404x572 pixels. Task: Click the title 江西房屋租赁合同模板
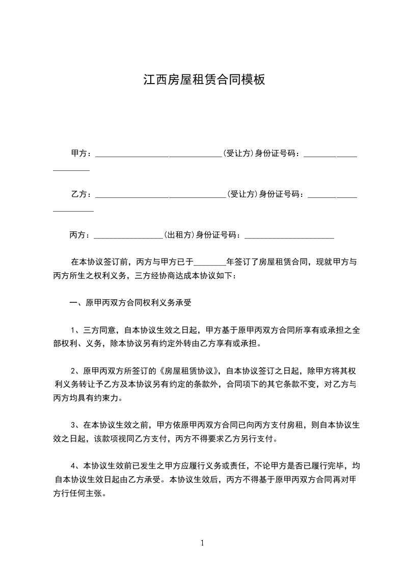click(204, 80)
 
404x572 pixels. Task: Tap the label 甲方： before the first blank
click(81, 153)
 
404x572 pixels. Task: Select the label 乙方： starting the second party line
click(81, 194)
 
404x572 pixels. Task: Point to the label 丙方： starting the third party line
click(80, 235)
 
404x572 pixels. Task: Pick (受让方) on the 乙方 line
click(243, 194)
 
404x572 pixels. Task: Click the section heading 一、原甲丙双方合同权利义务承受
click(130, 303)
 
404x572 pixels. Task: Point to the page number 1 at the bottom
click(202, 543)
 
